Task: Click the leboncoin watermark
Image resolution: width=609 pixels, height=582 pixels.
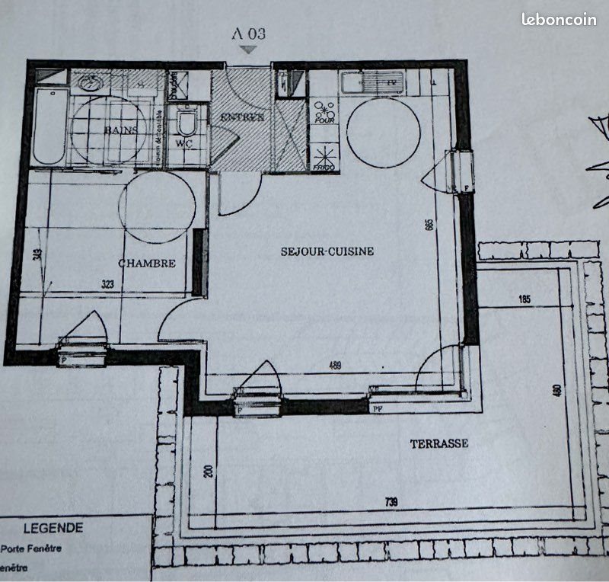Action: (x=559, y=20)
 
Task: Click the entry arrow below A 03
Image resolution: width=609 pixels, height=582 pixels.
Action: (x=247, y=50)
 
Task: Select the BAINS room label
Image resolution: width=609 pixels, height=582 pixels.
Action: (x=121, y=130)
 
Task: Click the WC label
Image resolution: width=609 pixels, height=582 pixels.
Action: (x=183, y=143)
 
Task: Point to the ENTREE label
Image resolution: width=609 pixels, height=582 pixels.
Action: (x=242, y=117)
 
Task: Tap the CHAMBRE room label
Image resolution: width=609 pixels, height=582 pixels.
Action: (x=147, y=264)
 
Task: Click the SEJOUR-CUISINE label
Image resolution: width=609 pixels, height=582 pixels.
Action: (x=327, y=251)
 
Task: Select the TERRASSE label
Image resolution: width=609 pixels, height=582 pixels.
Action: (x=439, y=443)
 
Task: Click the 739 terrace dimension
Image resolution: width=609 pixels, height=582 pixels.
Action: (x=390, y=502)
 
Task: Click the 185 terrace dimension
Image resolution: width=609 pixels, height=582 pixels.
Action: (x=525, y=299)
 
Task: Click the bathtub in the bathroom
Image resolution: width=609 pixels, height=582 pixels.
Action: (x=49, y=126)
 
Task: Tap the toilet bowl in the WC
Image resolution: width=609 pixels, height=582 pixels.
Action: (x=186, y=122)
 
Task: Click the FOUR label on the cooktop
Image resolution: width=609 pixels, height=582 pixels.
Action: (x=324, y=120)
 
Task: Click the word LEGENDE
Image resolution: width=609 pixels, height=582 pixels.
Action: (x=53, y=528)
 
